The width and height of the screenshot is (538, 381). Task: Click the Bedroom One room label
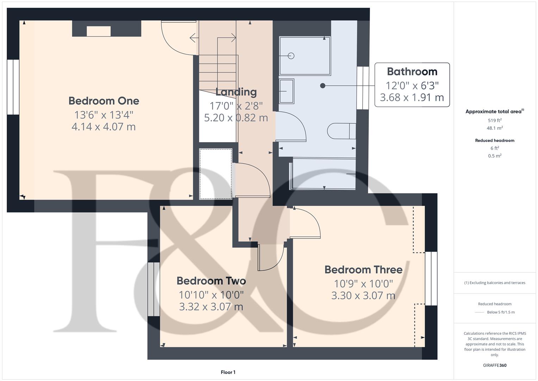104,101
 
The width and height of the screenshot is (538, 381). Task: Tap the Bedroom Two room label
211,281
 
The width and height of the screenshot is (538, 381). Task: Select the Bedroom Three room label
363,270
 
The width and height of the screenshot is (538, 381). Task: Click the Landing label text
236,92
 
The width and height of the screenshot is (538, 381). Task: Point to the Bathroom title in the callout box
412,72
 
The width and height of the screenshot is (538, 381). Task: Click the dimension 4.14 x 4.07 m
104,127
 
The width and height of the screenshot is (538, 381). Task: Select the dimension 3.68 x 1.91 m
412,97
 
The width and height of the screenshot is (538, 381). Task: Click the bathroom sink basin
286,91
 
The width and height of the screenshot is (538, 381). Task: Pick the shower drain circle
291,56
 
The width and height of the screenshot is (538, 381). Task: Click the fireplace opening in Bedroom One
99,31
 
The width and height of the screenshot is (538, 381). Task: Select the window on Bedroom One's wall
13,87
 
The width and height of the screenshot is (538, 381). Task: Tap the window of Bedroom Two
154,289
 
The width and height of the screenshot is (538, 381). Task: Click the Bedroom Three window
431,278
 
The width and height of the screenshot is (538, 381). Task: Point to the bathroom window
363,88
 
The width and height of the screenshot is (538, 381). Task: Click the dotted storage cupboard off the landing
216,174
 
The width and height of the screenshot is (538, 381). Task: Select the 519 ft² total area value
495,120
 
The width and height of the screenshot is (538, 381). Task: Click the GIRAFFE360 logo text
495,365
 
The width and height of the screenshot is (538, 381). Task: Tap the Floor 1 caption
228,372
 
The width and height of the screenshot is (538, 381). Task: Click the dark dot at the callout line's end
322,86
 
